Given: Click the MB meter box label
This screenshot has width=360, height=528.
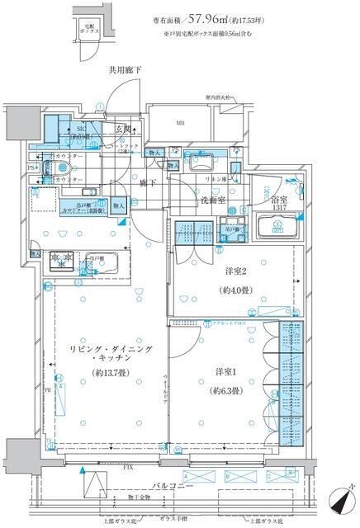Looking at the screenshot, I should click(x=180, y=125).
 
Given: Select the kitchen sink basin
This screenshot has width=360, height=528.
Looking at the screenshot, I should click(x=110, y=264).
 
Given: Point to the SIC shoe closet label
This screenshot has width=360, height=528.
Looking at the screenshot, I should click(x=82, y=130).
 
